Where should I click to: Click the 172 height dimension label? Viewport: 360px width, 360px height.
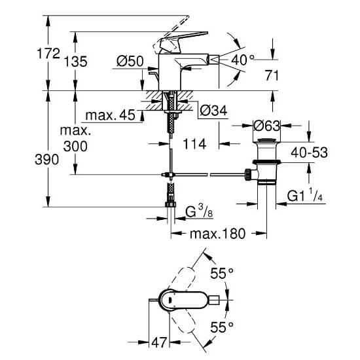[x=48, y=54]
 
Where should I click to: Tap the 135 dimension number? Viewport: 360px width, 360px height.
[x=75, y=62]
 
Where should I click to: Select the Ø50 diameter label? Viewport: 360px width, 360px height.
[x=130, y=61]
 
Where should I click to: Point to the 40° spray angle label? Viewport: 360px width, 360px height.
[x=242, y=60]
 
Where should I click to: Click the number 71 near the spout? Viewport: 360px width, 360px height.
[x=272, y=75]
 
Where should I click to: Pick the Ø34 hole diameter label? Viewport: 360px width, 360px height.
[x=213, y=111]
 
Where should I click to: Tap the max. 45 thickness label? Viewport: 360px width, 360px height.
[x=110, y=115]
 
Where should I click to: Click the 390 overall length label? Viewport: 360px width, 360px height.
[x=46, y=159]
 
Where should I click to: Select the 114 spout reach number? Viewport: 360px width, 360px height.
[x=194, y=144]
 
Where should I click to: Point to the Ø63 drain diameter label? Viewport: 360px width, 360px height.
[x=267, y=126]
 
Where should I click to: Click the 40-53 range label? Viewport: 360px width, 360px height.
[x=309, y=153]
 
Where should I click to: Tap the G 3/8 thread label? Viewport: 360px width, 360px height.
[x=199, y=211]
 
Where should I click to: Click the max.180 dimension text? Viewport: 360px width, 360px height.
[x=218, y=234]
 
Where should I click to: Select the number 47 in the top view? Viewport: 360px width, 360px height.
[x=159, y=343]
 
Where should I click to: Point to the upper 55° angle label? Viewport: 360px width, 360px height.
[x=222, y=273]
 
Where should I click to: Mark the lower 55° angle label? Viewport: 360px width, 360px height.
[x=222, y=327]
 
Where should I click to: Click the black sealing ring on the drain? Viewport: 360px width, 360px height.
[x=266, y=162]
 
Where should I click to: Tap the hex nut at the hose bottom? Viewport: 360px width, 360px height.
[x=171, y=204]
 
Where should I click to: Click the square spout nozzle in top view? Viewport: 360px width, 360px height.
[x=215, y=300]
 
